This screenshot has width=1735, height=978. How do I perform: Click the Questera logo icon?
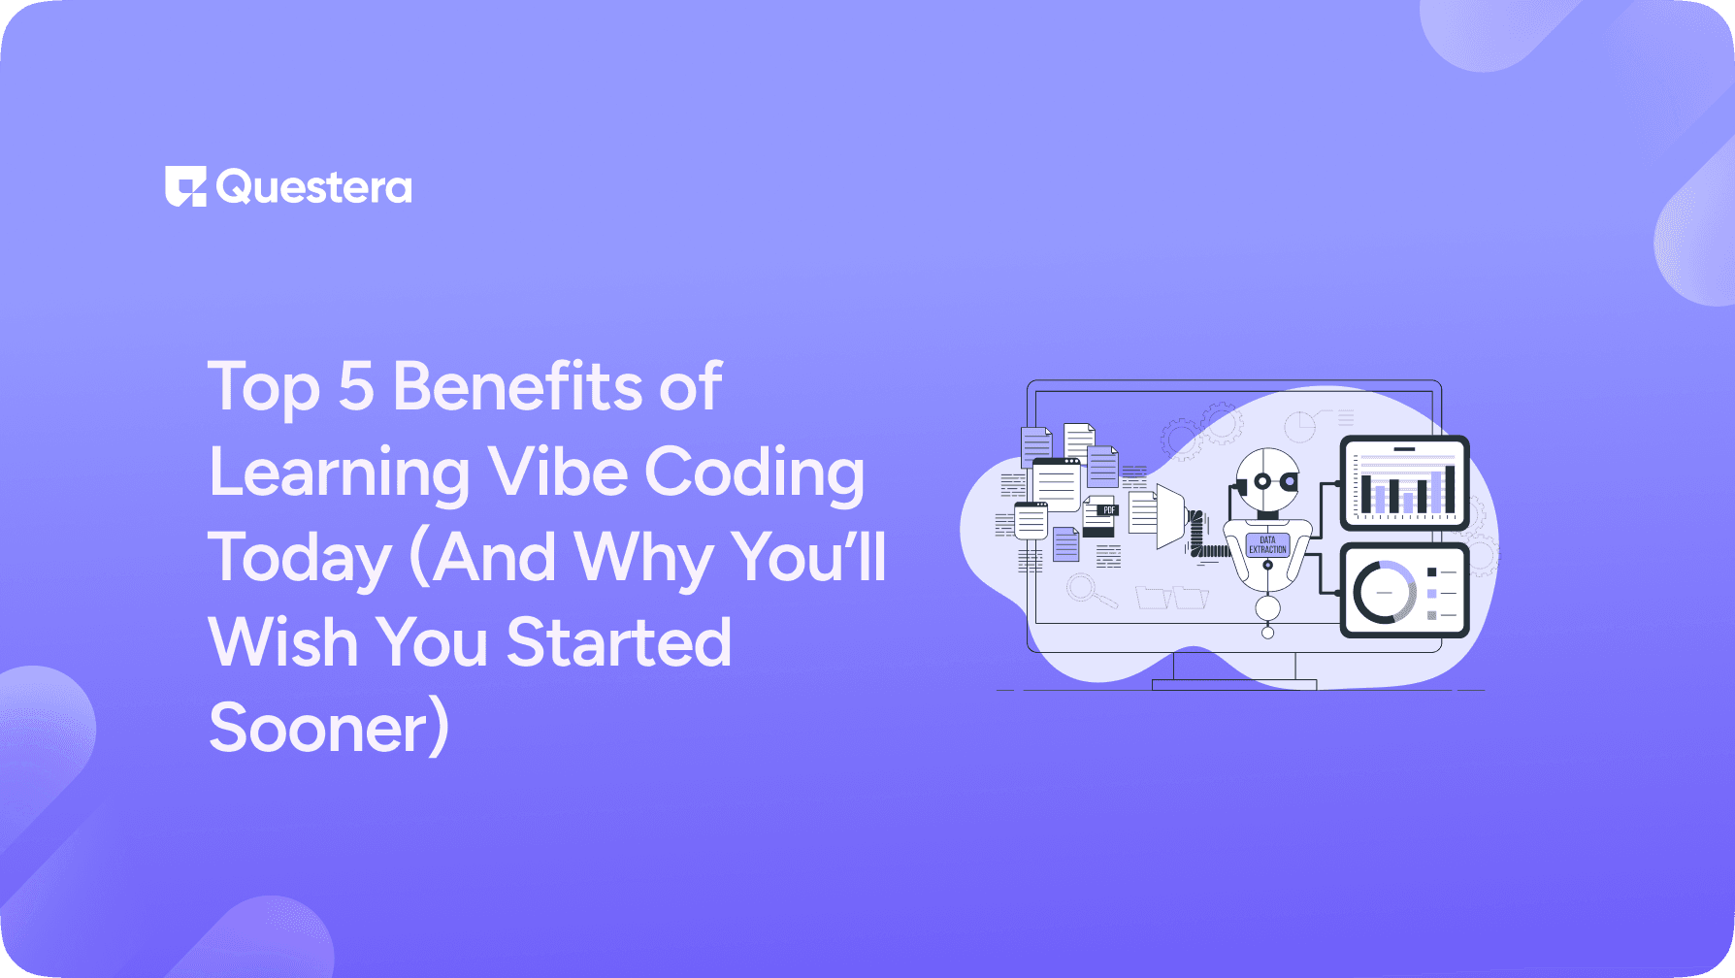(x=185, y=186)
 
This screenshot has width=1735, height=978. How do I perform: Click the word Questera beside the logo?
(x=314, y=187)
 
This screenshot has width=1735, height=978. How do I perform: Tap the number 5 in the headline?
(x=356, y=386)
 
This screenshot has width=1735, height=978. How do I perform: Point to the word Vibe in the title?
(x=558, y=473)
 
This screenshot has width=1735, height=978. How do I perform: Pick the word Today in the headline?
(x=300, y=559)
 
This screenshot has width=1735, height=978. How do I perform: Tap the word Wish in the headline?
(x=283, y=642)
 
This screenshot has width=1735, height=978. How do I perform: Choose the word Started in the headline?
(x=619, y=642)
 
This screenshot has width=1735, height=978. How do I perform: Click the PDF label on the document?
(x=1109, y=509)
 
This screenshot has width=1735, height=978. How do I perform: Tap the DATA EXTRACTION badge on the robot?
(x=1267, y=544)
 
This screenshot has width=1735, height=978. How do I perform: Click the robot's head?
(x=1267, y=477)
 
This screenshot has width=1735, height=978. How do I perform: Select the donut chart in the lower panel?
(x=1385, y=592)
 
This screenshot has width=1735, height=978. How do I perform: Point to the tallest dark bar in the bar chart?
(x=1450, y=489)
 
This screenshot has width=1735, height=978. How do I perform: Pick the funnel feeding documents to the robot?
(x=1171, y=515)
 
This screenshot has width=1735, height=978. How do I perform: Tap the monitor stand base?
(x=1233, y=684)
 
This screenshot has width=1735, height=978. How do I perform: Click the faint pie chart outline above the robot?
(x=1299, y=425)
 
